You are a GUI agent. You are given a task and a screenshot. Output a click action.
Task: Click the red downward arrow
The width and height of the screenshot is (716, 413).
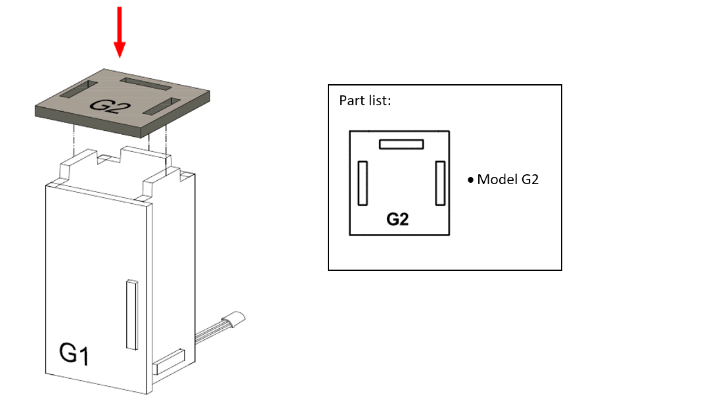tap(120, 32)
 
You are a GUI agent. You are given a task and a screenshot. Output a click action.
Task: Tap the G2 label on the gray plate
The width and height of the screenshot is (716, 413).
tap(110, 106)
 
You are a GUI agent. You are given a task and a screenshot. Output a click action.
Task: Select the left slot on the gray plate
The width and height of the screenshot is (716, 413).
tap(79, 89)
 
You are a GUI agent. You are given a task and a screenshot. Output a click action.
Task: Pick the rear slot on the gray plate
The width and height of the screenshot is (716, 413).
tap(146, 84)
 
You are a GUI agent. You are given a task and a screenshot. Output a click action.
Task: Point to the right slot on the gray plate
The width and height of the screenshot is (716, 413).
tap(162, 106)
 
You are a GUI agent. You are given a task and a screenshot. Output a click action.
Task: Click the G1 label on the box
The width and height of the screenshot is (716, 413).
tap(74, 353)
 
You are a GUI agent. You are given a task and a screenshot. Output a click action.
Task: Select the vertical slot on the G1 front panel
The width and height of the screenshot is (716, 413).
tap(132, 314)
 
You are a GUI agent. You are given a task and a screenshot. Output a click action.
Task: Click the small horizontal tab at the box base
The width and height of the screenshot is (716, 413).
tap(169, 362)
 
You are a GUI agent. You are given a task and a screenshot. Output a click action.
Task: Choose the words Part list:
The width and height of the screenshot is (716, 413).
tap(365, 101)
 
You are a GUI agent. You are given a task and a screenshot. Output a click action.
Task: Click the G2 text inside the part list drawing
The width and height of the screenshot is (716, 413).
tap(397, 219)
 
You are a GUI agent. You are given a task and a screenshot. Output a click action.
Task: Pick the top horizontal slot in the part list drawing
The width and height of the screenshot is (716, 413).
tap(401, 144)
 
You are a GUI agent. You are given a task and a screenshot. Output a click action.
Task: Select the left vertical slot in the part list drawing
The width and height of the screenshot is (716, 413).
tap(363, 183)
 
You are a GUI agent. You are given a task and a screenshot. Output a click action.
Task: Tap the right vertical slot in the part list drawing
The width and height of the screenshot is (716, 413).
tap(440, 183)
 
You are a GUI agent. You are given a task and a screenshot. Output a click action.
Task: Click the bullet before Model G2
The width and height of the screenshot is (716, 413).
tap(471, 180)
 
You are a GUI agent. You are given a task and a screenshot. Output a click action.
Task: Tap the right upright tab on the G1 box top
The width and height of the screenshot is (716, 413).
tap(162, 183)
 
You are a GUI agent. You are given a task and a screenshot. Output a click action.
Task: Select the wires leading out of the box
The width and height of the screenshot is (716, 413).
tap(210, 332)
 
